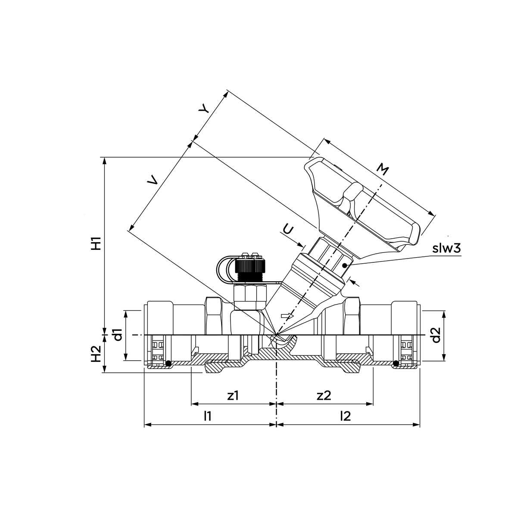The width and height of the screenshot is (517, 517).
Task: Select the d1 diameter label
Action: (118, 335)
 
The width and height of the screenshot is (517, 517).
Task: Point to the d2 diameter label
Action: (436, 335)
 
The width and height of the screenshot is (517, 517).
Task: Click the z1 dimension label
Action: (233, 396)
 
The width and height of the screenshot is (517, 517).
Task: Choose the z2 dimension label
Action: (324, 396)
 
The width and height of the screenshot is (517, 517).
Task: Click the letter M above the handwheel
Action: (382, 169)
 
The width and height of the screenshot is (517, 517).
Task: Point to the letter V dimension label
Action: (153, 180)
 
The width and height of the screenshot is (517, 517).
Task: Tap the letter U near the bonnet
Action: (288, 230)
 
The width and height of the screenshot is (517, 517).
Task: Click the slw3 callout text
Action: (446, 249)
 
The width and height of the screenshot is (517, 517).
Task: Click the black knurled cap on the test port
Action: (249, 269)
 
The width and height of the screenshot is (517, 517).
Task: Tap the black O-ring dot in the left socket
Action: (168, 364)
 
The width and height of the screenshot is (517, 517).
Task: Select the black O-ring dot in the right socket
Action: (396, 364)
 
